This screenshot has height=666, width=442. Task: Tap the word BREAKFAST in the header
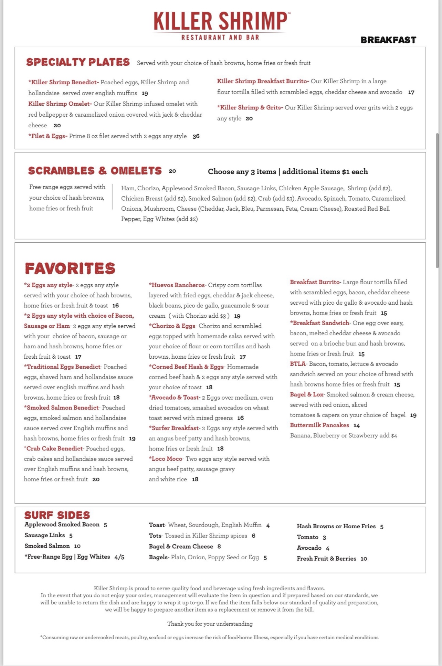point(388,40)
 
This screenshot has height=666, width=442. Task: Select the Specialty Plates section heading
point(78,62)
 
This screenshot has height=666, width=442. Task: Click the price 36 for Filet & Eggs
point(196,136)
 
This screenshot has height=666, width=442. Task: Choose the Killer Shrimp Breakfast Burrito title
point(263,81)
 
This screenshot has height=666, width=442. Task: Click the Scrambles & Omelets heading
point(95,171)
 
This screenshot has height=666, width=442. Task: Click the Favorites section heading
point(70,268)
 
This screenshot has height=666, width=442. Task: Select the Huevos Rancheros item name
point(177,285)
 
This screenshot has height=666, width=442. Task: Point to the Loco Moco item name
point(166,459)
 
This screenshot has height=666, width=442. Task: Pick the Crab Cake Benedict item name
point(53,448)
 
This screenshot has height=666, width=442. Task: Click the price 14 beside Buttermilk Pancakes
point(357,425)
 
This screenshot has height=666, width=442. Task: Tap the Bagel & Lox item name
point(307,394)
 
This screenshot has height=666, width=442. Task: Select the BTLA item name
point(298,364)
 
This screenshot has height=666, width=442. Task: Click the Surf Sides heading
point(57,515)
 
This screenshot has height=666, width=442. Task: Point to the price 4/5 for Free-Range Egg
point(119,557)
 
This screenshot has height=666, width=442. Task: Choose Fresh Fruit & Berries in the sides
point(326,559)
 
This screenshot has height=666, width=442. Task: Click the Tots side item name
point(155,536)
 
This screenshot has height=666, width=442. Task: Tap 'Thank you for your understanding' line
point(210,624)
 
